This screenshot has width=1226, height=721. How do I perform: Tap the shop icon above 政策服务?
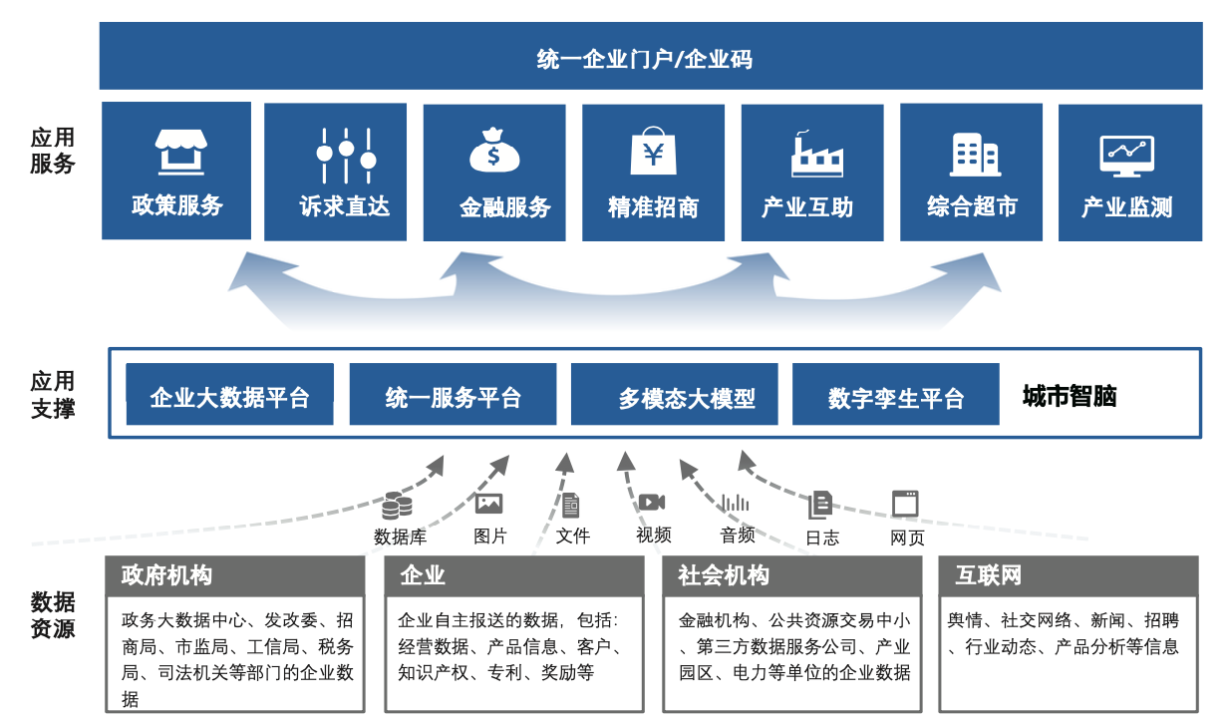point(179,152)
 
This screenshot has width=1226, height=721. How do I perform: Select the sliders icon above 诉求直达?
point(346,153)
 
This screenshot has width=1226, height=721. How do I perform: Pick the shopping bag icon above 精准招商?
point(654,152)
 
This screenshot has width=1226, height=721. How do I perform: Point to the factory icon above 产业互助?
point(815,153)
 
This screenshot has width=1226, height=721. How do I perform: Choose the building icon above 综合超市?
point(974,153)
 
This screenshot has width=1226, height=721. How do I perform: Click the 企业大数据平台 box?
point(229,397)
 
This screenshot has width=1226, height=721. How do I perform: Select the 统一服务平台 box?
point(453,397)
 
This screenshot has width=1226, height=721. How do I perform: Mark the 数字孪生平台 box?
point(895,397)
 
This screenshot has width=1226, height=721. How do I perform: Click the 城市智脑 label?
point(1069,397)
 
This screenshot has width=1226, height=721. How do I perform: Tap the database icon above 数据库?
point(397,506)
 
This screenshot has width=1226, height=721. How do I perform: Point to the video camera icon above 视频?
point(652,503)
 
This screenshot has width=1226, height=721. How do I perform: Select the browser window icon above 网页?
point(905,504)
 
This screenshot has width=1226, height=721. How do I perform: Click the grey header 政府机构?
point(235,575)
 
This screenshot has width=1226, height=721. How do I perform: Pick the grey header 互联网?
point(1068,575)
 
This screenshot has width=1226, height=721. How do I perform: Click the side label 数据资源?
point(52,614)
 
